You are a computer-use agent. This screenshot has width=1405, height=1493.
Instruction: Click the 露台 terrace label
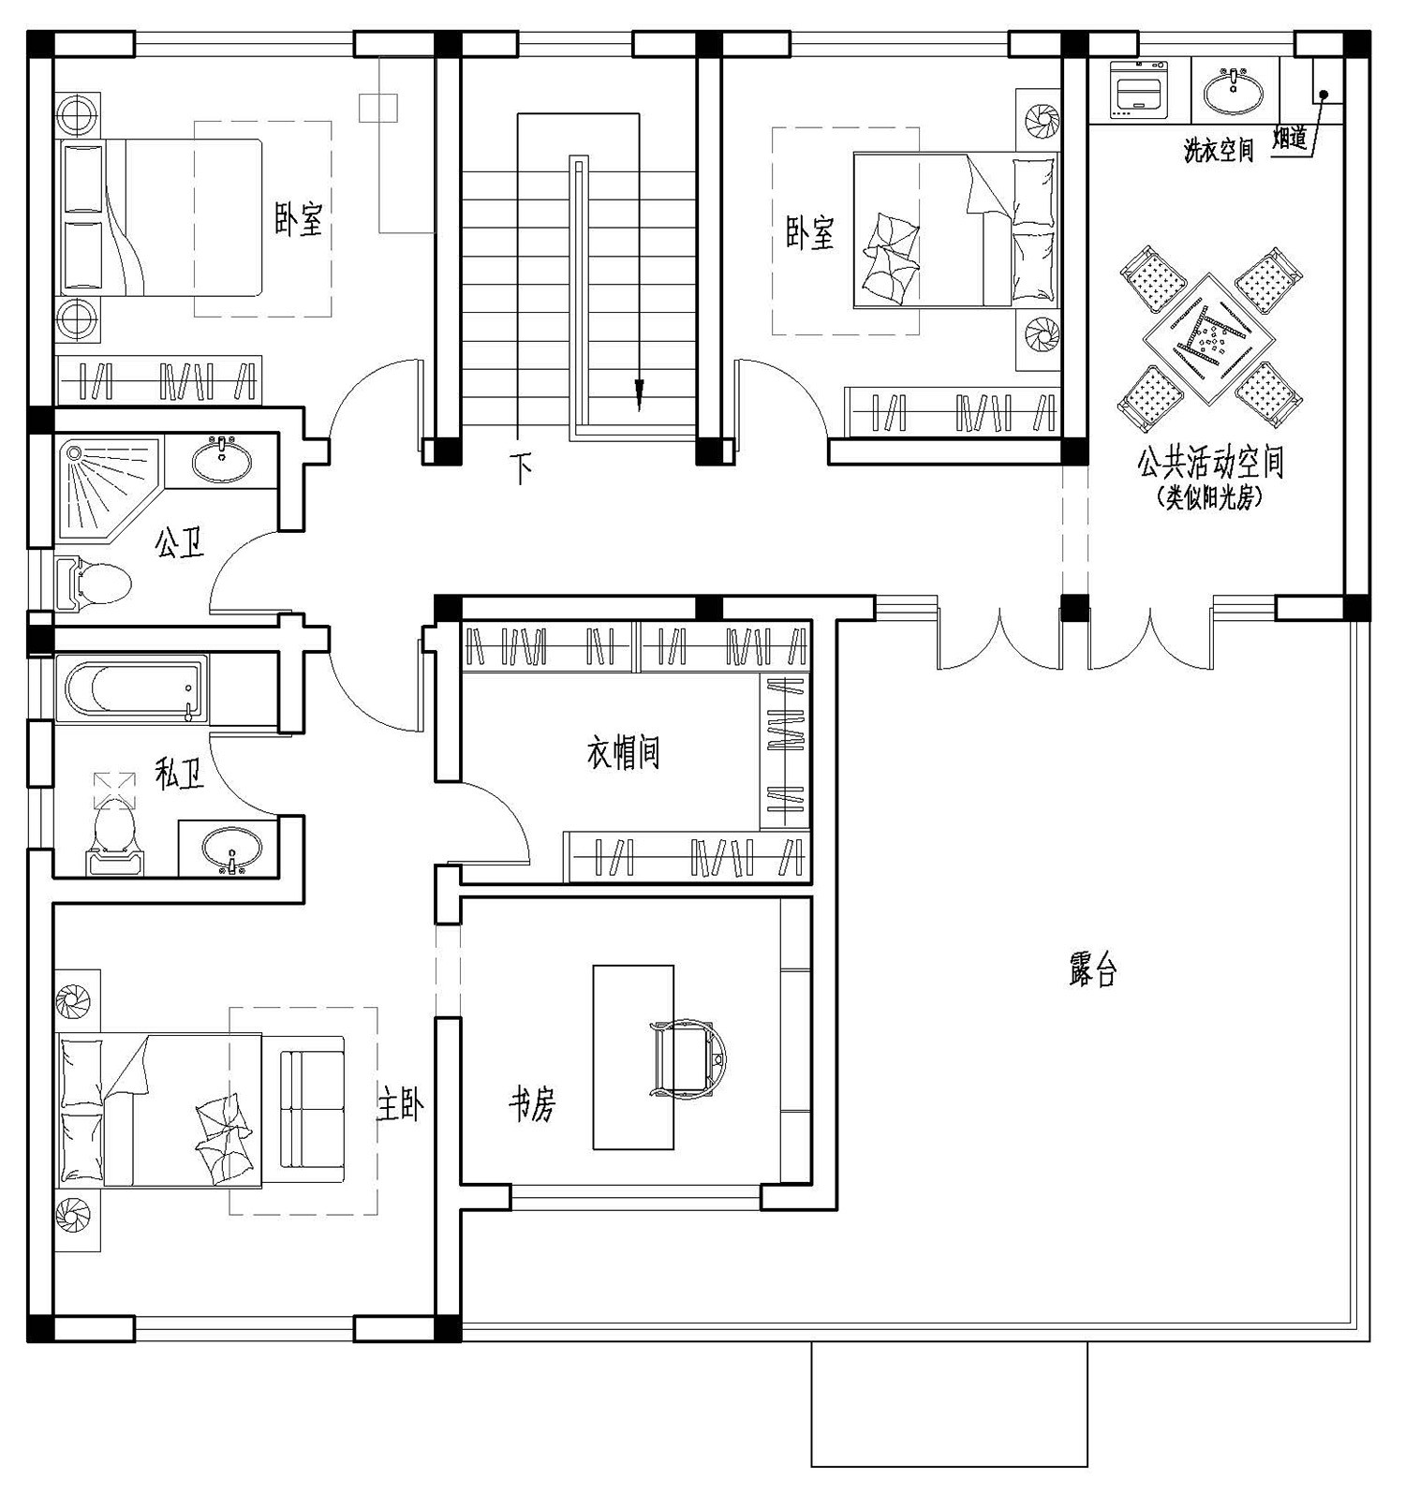1092,970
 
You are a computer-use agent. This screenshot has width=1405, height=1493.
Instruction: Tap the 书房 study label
532,1105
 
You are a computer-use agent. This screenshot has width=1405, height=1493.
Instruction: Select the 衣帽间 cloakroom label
624,752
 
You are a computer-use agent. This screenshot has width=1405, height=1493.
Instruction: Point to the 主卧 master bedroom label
401,1105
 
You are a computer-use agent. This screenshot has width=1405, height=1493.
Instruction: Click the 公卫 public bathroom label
180,542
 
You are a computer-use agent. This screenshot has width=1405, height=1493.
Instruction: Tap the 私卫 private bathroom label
180,774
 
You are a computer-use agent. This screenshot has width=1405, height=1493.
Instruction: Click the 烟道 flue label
1290,139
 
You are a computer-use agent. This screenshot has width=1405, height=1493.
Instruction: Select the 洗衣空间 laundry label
1219,150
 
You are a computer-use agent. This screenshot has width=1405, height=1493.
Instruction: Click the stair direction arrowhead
640,394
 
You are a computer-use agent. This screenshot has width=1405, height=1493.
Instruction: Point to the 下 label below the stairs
521,466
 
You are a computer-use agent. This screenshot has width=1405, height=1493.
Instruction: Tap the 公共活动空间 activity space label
1210,463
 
